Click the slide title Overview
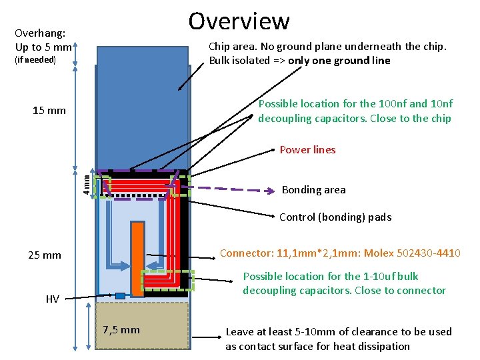click(239, 21)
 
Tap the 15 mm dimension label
click(49, 110)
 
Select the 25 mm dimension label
click(45, 255)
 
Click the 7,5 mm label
click(121, 329)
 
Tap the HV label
click(52, 299)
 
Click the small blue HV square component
click(120, 295)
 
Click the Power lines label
click(307, 149)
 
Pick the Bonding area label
click(313, 189)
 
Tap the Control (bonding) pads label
click(335, 217)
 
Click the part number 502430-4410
click(428, 253)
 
